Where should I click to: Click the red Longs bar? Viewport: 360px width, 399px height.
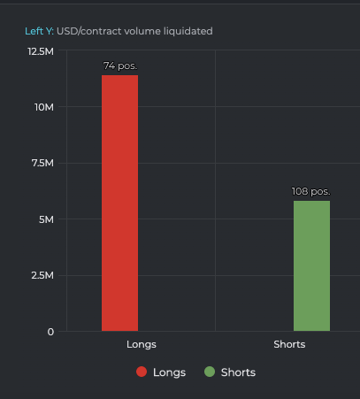tap(119, 203)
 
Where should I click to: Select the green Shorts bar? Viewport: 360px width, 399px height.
tap(311, 265)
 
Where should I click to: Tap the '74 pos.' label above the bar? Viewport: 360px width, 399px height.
tap(120, 66)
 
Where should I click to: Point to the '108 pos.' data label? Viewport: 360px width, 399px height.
tap(311, 191)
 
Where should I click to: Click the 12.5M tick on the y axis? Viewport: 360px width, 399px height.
tap(41, 51)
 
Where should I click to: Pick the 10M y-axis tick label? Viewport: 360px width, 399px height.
tap(44, 107)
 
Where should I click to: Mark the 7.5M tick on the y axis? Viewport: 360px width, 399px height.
tap(42, 163)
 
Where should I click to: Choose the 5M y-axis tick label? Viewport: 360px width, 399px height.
tap(46, 219)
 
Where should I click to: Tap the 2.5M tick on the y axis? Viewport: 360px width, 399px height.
tap(42, 275)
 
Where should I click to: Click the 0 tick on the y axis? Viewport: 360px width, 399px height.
tap(50, 332)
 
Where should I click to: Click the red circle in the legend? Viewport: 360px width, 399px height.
tap(142, 372)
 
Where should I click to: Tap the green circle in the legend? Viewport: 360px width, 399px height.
tap(209, 372)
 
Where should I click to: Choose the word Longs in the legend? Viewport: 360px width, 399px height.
tap(169, 372)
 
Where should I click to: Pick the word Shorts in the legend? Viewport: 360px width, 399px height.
tap(238, 372)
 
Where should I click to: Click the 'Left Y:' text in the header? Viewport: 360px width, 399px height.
tap(39, 31)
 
